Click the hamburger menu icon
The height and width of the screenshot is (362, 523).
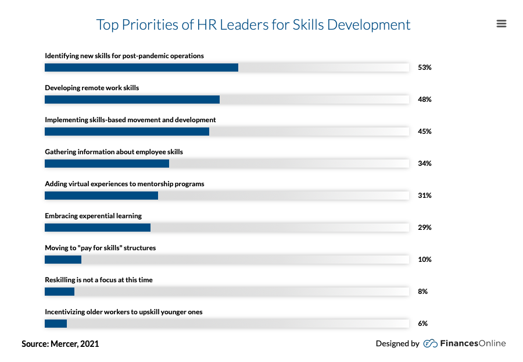pos(501,24)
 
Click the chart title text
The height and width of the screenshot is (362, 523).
pos(253,25)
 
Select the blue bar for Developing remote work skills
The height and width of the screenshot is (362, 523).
pos(132,100)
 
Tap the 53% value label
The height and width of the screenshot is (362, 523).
pos(424,68)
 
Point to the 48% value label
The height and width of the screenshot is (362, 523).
pos(424,100)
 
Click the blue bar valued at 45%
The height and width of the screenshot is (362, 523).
pos(127,132)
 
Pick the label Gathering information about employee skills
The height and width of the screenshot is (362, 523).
pos(114,152)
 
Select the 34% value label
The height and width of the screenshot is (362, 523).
pos(424,164)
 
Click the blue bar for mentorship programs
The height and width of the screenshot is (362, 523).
pos(101,196)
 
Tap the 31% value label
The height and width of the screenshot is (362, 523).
pos(424,196)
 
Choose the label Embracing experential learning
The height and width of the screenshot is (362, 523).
pos(93,216)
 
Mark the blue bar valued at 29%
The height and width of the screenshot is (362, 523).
pos(98,228)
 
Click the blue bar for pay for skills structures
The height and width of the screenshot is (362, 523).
pos(63,260)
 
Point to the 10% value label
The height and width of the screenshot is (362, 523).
pos(424,260)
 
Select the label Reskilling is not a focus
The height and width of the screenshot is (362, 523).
pos(99,280)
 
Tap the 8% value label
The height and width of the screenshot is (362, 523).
pos(422,292)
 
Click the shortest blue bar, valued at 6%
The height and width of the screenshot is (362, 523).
pos(56,324)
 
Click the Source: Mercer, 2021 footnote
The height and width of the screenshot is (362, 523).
pos(60,344)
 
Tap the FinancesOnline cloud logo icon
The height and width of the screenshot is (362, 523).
pos(430,343)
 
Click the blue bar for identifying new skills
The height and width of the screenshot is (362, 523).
pos(141,68)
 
